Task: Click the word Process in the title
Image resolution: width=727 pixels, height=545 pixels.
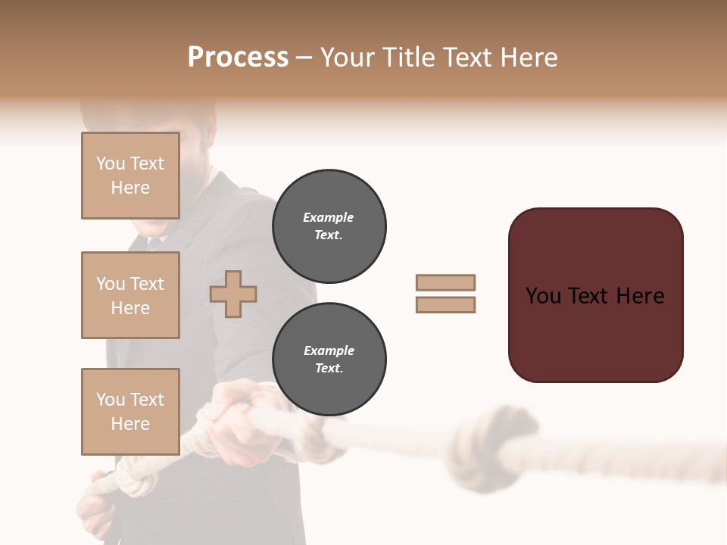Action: [238, 58]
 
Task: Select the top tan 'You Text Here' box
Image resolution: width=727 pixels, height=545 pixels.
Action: [130, 176]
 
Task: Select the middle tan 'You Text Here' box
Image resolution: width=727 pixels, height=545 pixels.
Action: [130, 295]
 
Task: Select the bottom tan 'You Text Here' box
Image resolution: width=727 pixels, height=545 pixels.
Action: [130, 411]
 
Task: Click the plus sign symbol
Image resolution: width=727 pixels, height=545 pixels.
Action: [233, 294]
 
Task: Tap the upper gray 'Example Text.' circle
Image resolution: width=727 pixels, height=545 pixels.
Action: [329, 226]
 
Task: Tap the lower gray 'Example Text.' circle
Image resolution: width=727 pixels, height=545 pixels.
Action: [329, 359]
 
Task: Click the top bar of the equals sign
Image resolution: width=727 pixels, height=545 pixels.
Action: [445, 282]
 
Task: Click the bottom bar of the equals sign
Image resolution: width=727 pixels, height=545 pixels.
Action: [445, 304]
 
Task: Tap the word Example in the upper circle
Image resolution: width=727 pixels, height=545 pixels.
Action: [328, 217]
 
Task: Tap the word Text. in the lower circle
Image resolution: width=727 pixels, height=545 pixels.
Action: [329, 368]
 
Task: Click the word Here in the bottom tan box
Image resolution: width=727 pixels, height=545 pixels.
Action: [130, 424]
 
